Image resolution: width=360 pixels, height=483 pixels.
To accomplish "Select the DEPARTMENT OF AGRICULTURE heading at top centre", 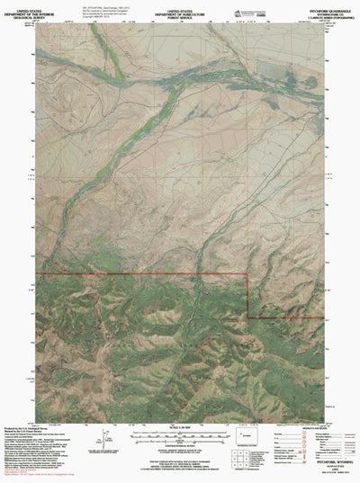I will coord(179,12).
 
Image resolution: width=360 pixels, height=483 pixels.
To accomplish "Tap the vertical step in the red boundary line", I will coord(247,297).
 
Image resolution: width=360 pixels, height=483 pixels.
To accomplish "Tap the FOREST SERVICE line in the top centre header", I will coord(179,16).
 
